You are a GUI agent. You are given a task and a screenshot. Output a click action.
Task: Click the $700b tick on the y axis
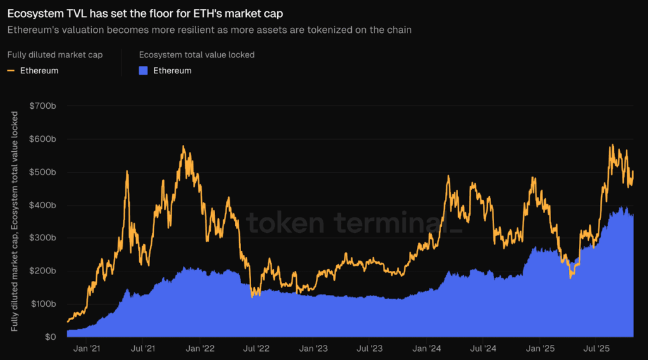(x=43, y=106)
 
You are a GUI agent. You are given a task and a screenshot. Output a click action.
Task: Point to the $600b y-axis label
(x=43, y=139)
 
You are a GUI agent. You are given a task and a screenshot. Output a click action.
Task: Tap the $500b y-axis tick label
(x=43, y=172)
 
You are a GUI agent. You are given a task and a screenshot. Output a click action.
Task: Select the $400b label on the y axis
(x=43, y=205)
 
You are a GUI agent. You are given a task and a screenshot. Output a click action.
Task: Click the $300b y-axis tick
(x=43, y=238)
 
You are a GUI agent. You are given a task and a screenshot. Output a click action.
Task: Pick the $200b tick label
(x=43, y=271)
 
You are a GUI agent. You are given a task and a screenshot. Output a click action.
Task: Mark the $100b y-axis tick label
(x=43, y=304)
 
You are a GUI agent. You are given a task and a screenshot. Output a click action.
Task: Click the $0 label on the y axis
(x=50, y=337)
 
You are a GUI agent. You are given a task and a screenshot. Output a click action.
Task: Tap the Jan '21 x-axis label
(x=87, y=348)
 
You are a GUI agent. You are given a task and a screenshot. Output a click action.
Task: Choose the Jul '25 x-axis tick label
(x=597, y=348)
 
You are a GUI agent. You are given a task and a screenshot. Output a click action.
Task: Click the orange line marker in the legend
(x=11, y=71)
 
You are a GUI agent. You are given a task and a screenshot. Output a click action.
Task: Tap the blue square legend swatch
(x=143, y=71)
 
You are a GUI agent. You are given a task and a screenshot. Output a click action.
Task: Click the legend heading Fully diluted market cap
(x=55, y=55)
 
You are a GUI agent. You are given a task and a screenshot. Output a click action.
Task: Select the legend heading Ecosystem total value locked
(x=197, y=55)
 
